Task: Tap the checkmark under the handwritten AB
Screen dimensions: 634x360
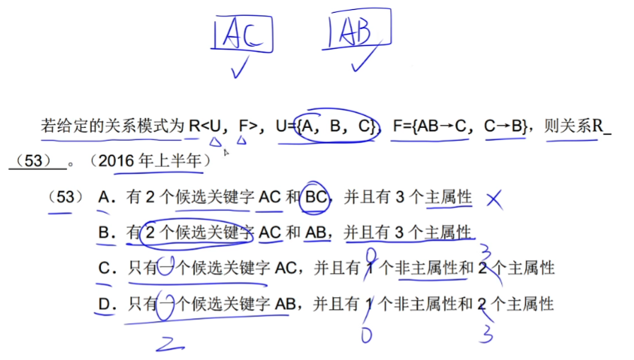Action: coord(365,60)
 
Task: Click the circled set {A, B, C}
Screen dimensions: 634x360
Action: coord(335,127)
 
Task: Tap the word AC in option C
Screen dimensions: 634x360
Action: coord(285,269)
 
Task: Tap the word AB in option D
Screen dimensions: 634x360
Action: coord(285,305)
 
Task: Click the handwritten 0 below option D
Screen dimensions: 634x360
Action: coord(365,335)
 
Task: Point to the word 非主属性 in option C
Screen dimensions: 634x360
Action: coord(421,269)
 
